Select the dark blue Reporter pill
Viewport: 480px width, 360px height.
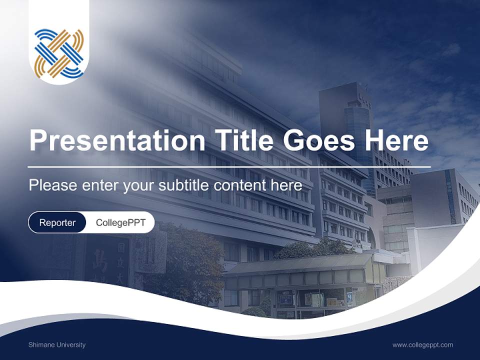[57, 222]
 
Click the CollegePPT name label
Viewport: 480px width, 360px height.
[120, 222]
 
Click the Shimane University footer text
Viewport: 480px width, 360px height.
[57, 344]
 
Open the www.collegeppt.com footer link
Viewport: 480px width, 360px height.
[422, 344]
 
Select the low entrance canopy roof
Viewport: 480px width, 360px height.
[300, 264]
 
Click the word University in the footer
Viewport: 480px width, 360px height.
[71, 344]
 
